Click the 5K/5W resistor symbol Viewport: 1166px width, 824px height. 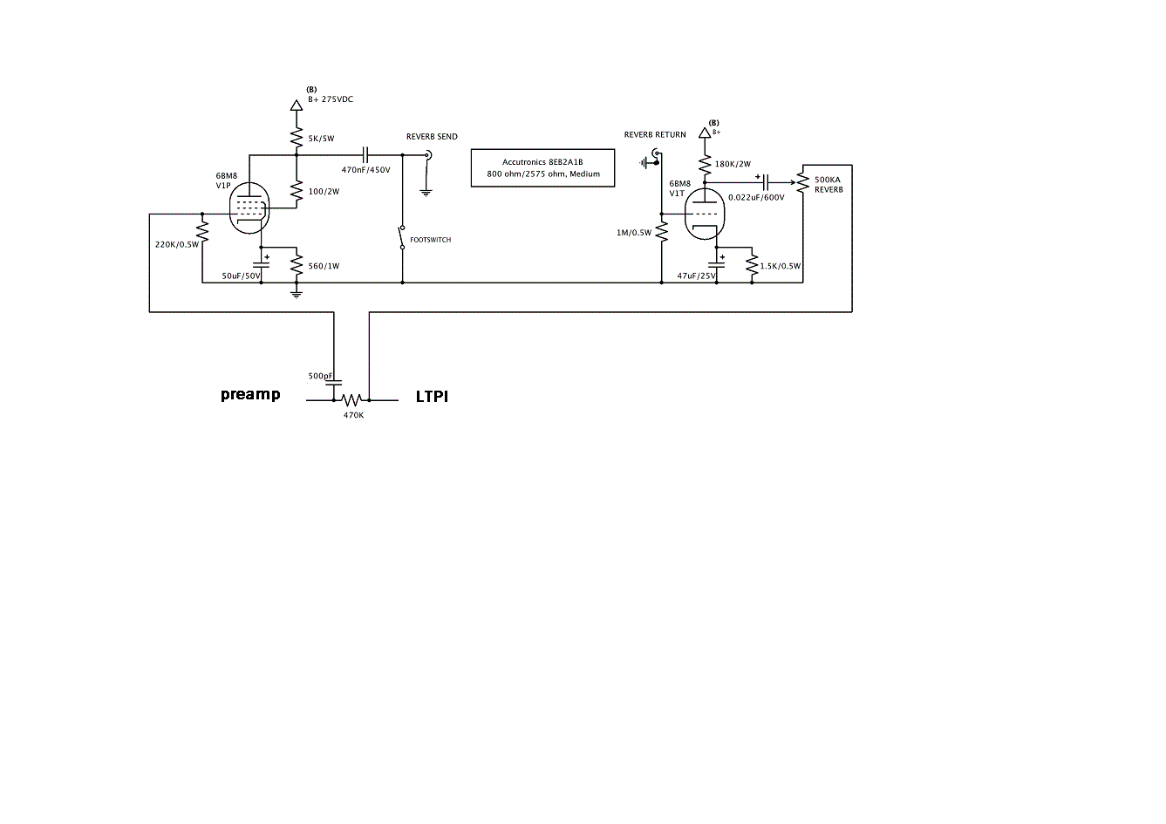297,138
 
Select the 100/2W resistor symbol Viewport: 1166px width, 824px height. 297,192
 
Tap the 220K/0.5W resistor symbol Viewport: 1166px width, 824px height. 202,231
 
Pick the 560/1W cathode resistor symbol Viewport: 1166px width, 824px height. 297,265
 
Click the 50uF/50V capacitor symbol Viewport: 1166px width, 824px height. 261,263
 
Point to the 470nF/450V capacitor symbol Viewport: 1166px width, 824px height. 365,154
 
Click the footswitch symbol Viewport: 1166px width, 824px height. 402,237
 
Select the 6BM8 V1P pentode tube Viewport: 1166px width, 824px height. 249,208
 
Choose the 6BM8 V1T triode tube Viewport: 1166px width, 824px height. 705,214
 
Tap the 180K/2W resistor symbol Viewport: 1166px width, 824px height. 705,165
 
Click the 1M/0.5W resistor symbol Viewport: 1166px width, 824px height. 662,232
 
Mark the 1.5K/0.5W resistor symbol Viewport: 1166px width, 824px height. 752,265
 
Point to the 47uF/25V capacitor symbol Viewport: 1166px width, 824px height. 717,264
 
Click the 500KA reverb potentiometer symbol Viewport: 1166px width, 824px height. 803,183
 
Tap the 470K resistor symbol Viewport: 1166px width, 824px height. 351,399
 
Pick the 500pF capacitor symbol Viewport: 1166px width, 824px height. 334,382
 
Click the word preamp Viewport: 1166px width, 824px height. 250,394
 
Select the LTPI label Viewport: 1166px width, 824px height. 432,397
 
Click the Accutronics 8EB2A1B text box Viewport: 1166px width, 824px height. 543,167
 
